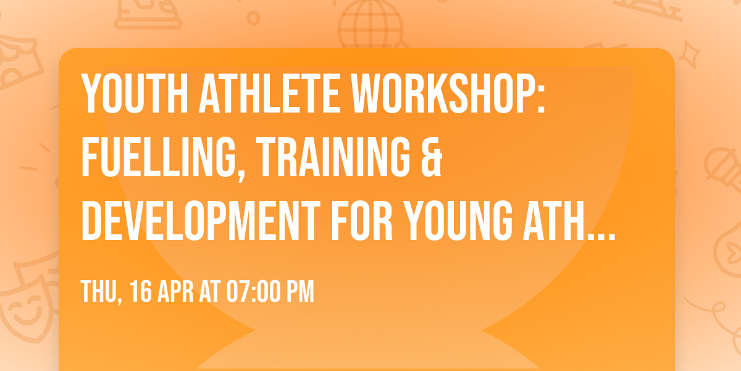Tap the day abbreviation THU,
point(99,292)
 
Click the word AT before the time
point(212,292)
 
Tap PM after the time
point(300,292)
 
